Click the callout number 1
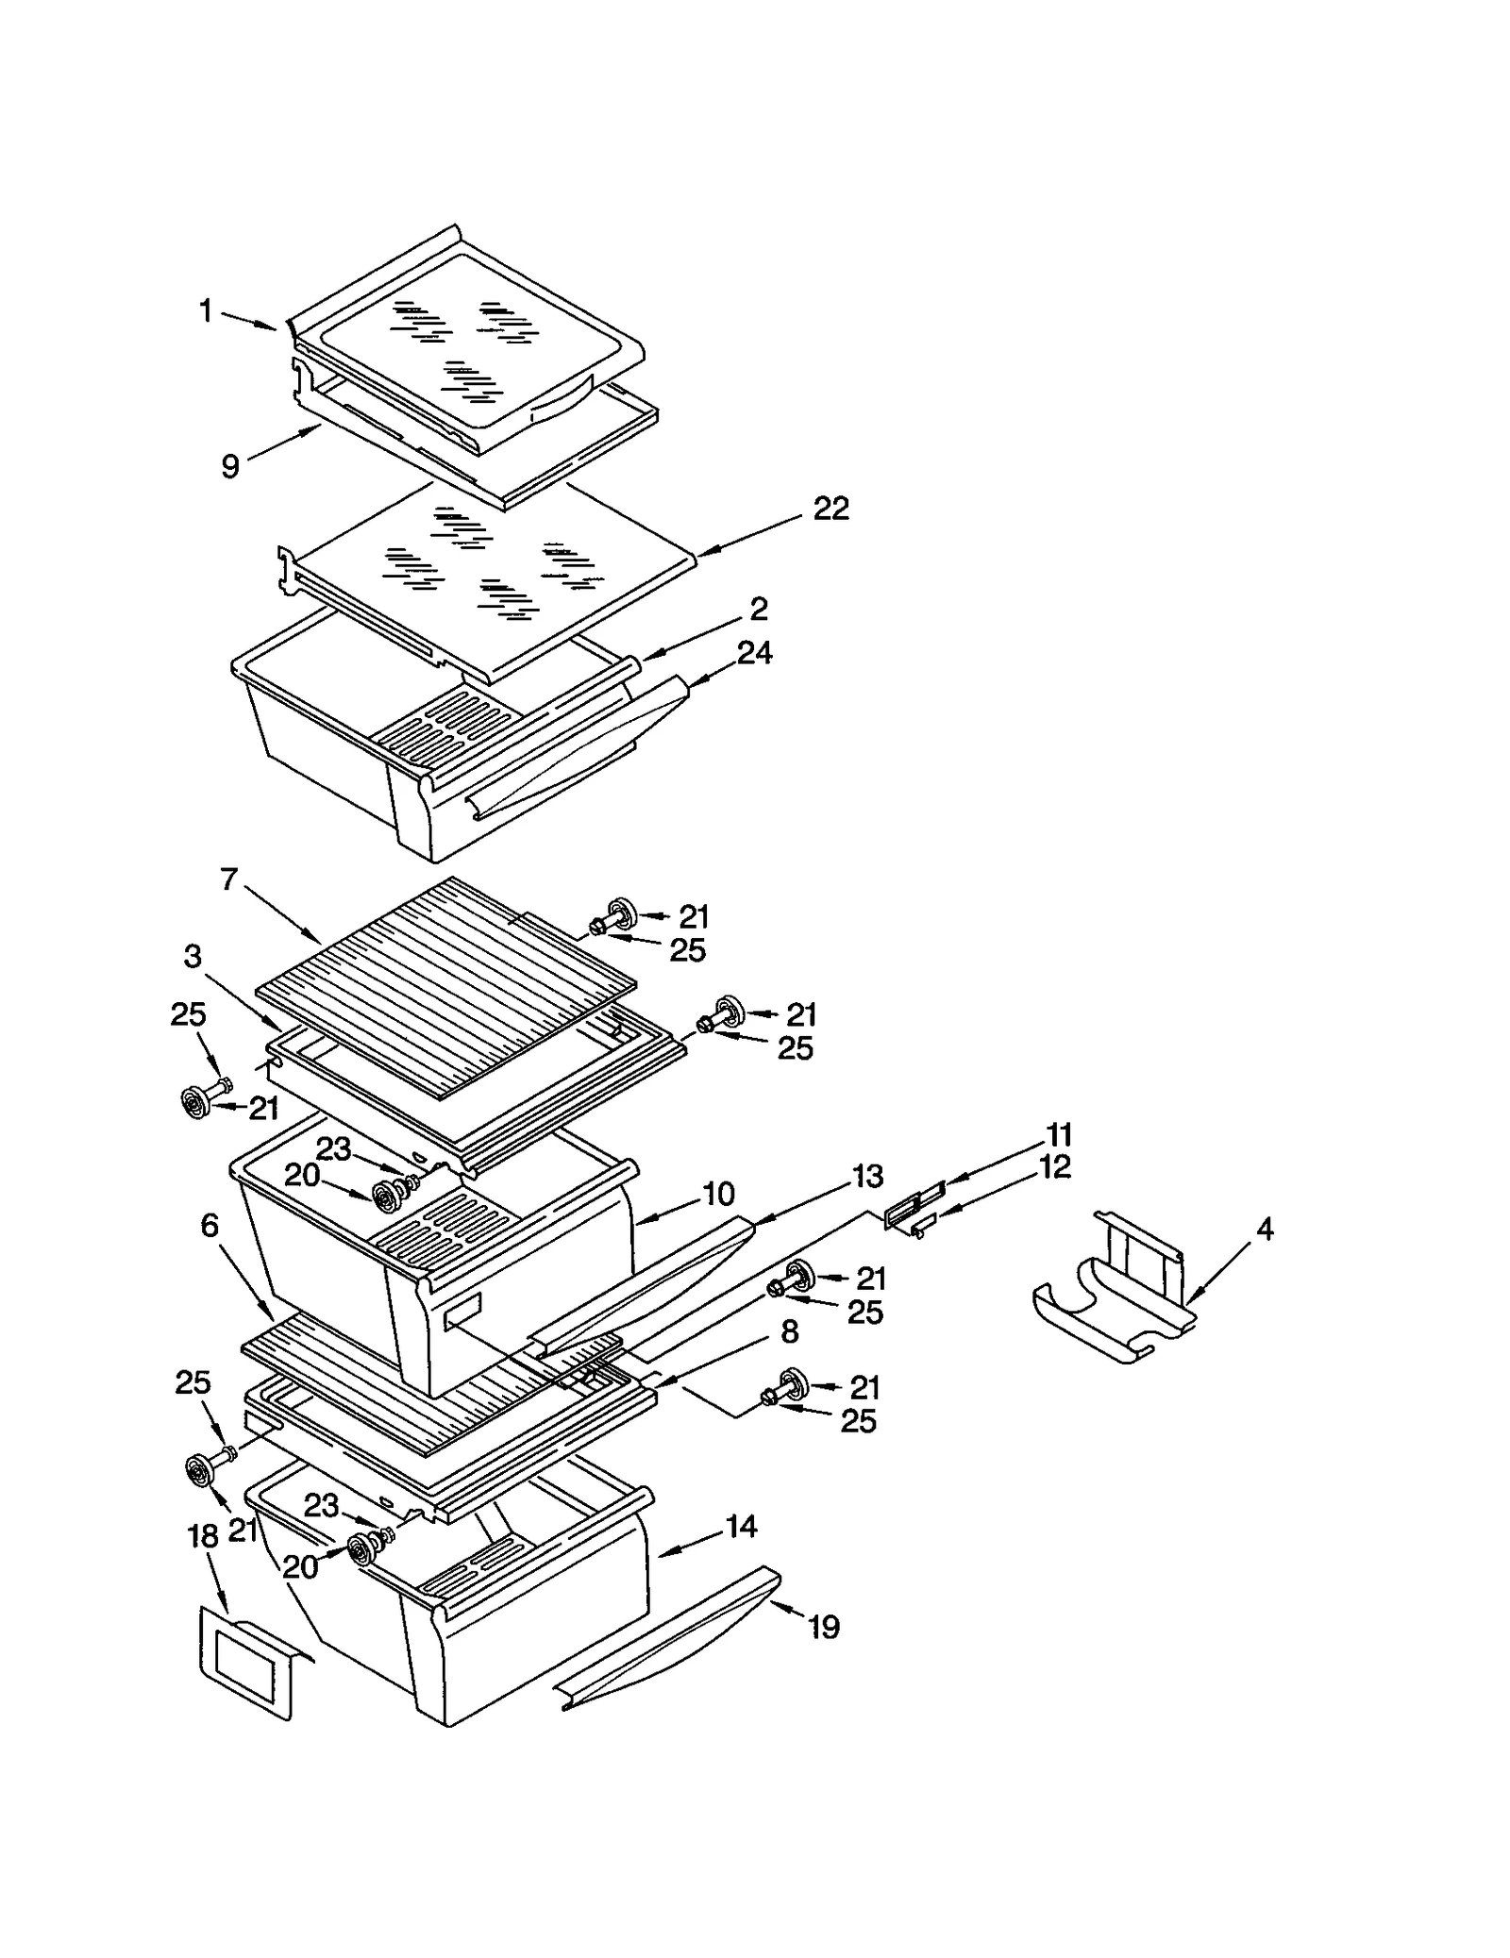(x=205, y=310)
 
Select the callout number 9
(x=230, y=466)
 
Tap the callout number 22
(x=830, y=509)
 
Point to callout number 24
(x=755, y=652)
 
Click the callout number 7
(x=229, y=879)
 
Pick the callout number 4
(x=1265, y=1229)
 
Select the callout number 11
(x=1059, y=1134)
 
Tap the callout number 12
(x=1055, y=1167)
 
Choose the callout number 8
(x=790, y=1331)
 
